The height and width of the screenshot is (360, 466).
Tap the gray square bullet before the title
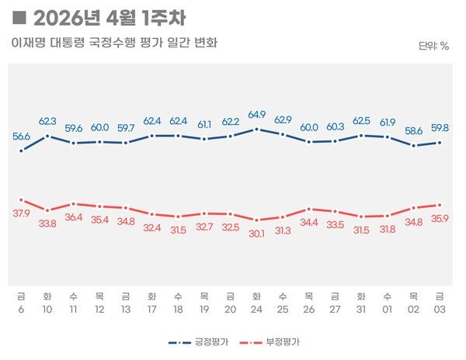tap(19, 17)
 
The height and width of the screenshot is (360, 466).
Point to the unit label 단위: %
tap(433, 46)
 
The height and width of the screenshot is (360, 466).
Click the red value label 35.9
tap(440, 220)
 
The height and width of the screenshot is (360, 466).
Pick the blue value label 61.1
tap(204, 125)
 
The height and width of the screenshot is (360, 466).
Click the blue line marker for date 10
tap(47, 136)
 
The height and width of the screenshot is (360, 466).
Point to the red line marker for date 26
tap(309, 209)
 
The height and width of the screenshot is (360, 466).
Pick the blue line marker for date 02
tap(413, 145)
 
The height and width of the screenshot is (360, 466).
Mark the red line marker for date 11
tap(73, 204)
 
